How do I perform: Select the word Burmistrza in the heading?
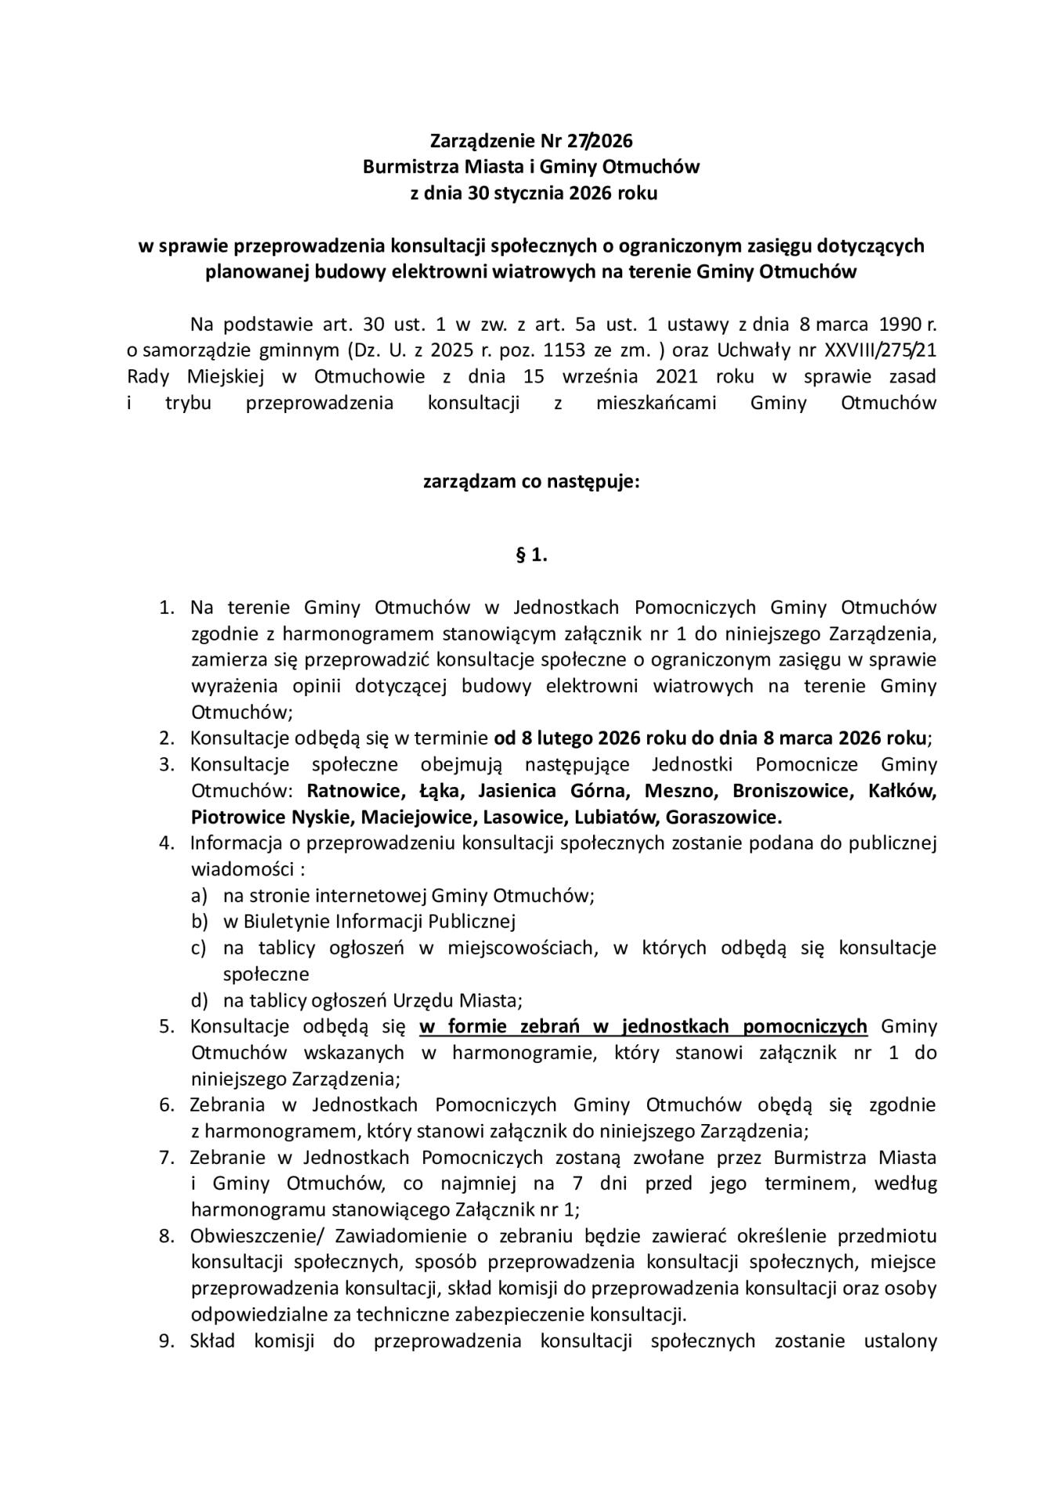[x=404, y=167]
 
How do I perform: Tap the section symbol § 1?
[x=531, y=556]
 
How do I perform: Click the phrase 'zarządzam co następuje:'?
[x=531, y=481]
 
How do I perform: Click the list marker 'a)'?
[x=199, y=895]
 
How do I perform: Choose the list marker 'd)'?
[x=199, y=1000]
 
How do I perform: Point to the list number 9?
[x=166, y=1340]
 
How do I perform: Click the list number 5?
[x=166, y=1026]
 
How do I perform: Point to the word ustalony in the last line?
[x=899, y=1340]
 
